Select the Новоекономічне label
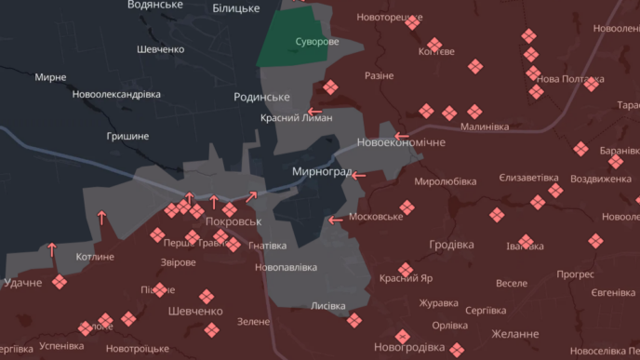(x=401, y=142)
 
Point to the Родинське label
(x=261, y=97)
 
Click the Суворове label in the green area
(x=316, y=43)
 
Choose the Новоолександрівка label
(x=116, y=94)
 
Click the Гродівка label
(x=451, y=245)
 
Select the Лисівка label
(x=327, y=305)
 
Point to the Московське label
(x=376, y=217)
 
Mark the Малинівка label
(x=485, y=127)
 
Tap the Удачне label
(x=23, y=283)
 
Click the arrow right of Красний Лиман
(x=314, y=113)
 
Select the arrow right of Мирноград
(x=359, y=174)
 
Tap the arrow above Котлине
(x=52, y=249)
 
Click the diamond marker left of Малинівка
(x=449, y=113)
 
